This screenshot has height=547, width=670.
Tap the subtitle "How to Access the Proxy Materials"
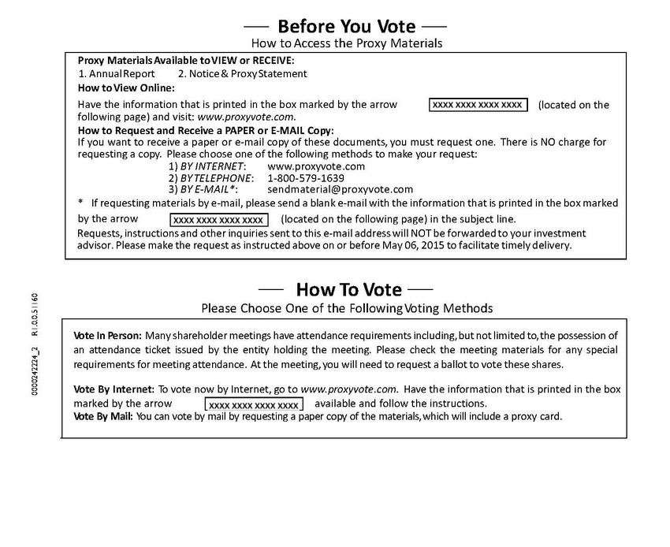[347, 43]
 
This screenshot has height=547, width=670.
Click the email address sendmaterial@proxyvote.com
[340, 189]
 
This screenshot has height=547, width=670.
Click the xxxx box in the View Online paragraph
[478, 105]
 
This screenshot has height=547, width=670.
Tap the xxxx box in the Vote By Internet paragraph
[254, 405]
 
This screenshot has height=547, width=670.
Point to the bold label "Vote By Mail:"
[103, 416]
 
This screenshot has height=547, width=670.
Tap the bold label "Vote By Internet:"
[114, 389]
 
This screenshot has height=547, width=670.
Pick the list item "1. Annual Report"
[117, 74]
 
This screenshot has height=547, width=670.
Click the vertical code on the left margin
[34, 344]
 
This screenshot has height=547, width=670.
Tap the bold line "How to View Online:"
[126, 87]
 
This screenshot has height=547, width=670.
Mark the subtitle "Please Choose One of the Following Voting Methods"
[347, 307]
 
